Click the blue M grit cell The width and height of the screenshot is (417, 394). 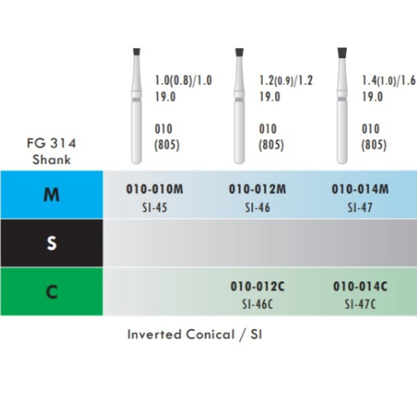coord(52,194)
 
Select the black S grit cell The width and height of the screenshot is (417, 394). coord(52,243)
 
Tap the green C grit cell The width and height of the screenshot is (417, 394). coord(52,291)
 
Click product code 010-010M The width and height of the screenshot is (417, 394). coord(155,189)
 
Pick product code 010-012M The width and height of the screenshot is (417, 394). coord(258,189)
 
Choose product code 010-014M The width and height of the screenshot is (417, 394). coord(360,189)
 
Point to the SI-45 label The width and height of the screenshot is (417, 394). coord(155,207)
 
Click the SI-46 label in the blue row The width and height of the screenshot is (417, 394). coord(258,207)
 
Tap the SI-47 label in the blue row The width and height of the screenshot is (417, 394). coord(360,207)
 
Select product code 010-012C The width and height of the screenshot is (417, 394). coord(258,287)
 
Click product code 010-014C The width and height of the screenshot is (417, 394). coord(360,287)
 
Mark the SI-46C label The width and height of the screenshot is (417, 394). coord(258,304)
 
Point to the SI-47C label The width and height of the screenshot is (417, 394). coord(360,304)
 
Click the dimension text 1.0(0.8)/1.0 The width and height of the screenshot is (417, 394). coord(184,81)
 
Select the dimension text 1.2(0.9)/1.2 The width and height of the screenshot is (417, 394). coord(286,81)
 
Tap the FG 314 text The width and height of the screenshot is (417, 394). coord(52,143)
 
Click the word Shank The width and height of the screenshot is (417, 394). coord(52,159)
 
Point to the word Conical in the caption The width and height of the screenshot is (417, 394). coord(210,335)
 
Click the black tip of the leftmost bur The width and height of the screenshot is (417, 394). coord(136,52)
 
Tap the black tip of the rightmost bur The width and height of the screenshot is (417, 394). coord(342,53)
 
